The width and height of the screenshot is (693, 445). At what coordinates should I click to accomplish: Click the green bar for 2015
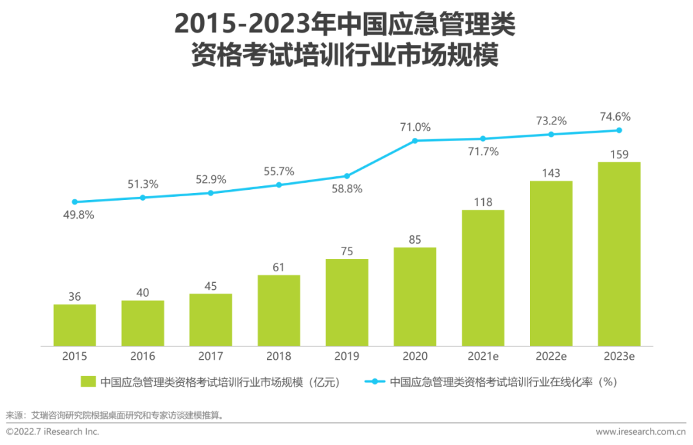[74, 325]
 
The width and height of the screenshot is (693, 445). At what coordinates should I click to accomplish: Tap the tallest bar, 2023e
[619, 254]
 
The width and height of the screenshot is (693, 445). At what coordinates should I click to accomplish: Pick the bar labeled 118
[483, 278]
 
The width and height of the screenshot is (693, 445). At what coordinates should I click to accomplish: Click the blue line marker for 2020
[415, 140]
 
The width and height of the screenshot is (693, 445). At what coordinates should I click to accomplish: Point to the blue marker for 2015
[74, 202]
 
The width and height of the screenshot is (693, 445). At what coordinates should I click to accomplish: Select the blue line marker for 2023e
[619, 130]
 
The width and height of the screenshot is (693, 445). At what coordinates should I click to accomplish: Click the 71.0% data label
[415, 126]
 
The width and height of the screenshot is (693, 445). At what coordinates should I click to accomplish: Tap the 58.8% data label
[347, 189]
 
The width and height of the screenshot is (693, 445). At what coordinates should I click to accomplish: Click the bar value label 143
[551, 173]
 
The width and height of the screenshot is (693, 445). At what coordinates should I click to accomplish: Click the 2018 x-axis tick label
[278, 357]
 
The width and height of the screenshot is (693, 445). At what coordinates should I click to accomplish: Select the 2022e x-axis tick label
[551, 357]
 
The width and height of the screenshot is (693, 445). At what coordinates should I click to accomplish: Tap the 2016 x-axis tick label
[142, 357]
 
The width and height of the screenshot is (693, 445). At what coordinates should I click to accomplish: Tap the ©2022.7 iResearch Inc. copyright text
[53, 432]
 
